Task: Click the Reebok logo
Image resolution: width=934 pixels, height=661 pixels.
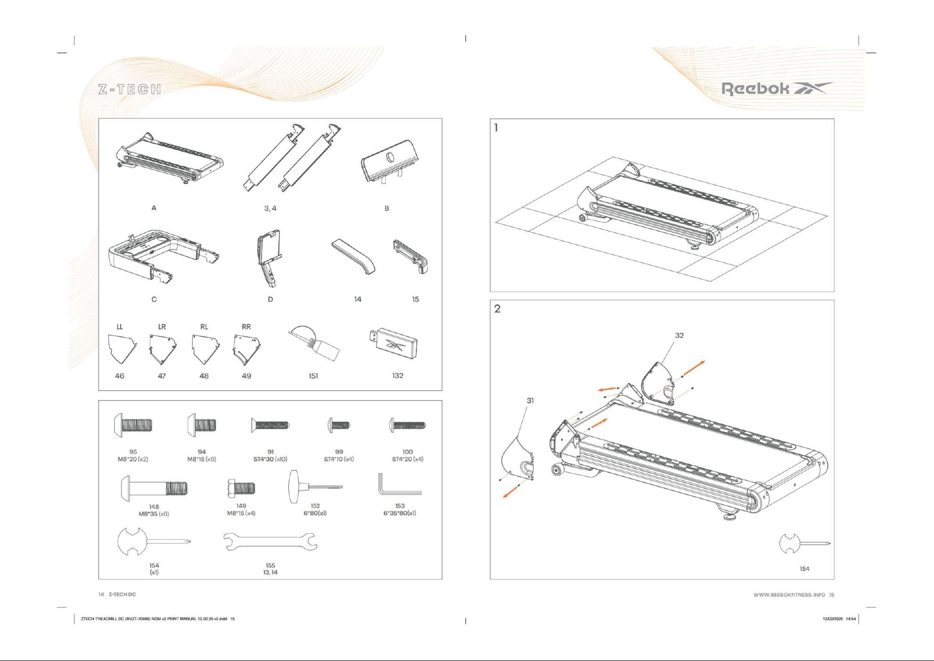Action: (x=776, y=89)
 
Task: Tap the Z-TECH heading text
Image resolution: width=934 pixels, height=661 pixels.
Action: (x=130, y=89)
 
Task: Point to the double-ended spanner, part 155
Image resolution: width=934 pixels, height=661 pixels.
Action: (x=270, y=542)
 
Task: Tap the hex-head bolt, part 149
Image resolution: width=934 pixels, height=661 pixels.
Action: (x=241, y=488)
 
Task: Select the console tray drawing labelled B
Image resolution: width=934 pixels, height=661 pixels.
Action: (x=390, y=161)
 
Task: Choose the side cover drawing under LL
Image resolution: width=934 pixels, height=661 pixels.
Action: (x=121, y=348)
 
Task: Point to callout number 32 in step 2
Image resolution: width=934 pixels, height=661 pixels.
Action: (x=679, y=335)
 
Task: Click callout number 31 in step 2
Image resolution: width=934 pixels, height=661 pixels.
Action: (x=530, y=400)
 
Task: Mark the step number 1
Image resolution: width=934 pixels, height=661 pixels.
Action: (x=496, y=128)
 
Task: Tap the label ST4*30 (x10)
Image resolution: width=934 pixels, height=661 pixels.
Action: (x=270, y=459)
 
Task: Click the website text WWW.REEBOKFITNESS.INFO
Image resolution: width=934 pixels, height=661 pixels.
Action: (x=789, y=595)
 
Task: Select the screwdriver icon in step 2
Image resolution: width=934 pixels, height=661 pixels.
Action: (x=804, y=544)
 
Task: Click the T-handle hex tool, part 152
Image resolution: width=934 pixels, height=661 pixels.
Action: (x=314, y=486)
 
